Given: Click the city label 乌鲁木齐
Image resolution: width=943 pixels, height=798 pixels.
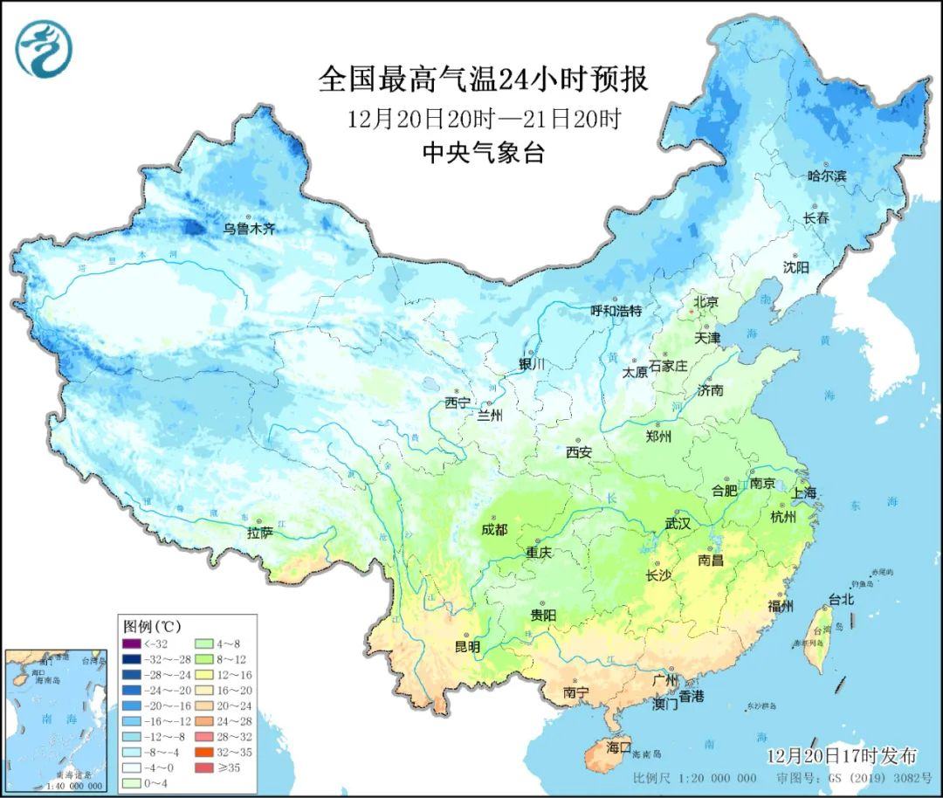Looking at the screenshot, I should [x=249, y=229].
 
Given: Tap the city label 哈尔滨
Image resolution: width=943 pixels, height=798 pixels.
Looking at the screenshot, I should [x=827, y=175].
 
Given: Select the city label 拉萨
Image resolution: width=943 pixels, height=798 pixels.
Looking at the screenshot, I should [x=260, y=532].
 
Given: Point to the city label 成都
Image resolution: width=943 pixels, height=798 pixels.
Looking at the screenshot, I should [x=494, y=530].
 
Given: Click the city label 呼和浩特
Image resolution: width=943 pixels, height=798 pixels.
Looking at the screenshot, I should [x=616, y=311].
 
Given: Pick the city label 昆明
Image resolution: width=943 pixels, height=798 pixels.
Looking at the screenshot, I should [x=467, y=647].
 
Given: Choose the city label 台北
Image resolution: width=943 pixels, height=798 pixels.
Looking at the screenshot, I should [x=841, y=600].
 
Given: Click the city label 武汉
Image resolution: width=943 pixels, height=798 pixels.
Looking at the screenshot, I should [x=678, y=524].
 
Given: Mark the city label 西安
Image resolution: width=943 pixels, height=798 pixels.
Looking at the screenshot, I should [x=579, y=452].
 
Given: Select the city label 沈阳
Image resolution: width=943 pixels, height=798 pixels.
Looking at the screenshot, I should [x=796, y=266].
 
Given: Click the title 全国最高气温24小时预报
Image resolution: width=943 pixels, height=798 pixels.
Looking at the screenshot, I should [x=483, y=79].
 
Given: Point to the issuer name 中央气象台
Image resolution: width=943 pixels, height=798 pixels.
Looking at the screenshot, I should [x=483, y=154].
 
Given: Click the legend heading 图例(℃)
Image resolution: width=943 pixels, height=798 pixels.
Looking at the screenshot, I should [x=152, y=626].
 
